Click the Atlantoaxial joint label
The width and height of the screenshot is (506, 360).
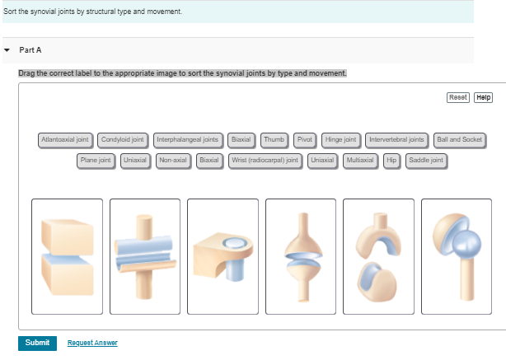coord(65,140)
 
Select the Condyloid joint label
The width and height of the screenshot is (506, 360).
coord(124,140)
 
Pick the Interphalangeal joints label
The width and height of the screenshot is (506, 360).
coord(187,140)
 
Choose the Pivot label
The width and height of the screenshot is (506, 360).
coord(303,140)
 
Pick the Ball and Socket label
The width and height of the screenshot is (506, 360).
coord(460,140)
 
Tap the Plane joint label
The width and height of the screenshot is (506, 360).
coord(96,159)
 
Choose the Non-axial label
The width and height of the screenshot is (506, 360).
coord(174,159)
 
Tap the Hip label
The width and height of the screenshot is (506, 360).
coord(392,159)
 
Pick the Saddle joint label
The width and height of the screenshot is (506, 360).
coord(426,159)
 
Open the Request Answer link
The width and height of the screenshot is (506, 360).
coord(92,343)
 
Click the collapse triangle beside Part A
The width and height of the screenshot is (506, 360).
coord(7,49)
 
